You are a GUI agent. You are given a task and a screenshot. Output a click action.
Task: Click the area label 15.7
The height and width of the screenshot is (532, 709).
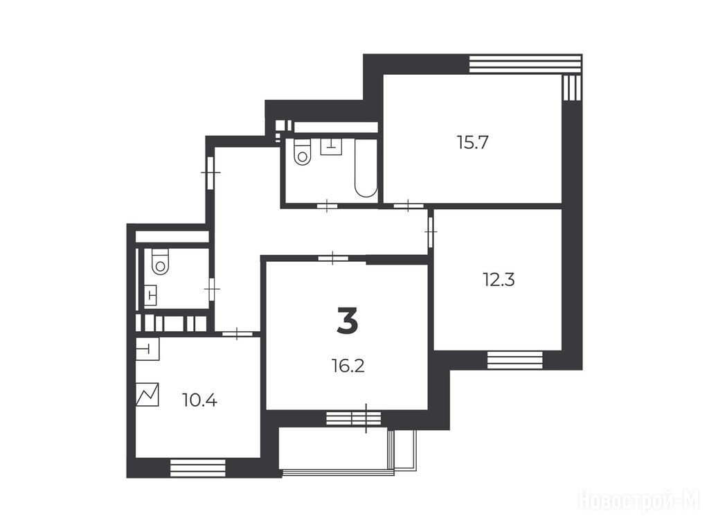click(x=473, y=143)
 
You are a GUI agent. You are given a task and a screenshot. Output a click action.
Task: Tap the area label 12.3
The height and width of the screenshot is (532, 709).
click(x=499, y=280)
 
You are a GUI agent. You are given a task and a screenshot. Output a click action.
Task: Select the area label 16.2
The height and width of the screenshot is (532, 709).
click(x=348, y=366)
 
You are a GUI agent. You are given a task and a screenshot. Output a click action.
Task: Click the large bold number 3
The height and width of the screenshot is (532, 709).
click(x=348, y=320)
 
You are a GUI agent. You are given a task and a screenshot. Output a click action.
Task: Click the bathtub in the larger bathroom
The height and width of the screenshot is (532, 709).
click(x=366, y=168)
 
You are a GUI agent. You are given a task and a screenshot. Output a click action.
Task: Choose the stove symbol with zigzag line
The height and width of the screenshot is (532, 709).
click(x=147, y=394)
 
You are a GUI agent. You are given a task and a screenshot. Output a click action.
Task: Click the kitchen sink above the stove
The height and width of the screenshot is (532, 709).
click(x=148, y=349)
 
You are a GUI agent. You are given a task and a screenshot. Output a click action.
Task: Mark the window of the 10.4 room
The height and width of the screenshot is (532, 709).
click(x=197, y=468)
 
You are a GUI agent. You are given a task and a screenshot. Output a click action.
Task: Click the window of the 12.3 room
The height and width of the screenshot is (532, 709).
click(x=514, y=361)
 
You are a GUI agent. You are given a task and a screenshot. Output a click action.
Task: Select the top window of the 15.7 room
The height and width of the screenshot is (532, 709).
click(x=525, y=64)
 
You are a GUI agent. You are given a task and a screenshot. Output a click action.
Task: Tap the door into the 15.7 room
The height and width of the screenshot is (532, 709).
click(x=409, y=206)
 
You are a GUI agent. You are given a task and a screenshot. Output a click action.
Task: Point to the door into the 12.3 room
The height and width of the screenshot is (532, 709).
click(x=431, y=231)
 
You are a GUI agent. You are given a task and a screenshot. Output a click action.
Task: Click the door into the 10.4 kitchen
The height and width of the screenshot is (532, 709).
click(x=237, y=334)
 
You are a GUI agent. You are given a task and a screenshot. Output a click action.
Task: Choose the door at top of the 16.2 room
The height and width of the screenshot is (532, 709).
click(x=333, y=258)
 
